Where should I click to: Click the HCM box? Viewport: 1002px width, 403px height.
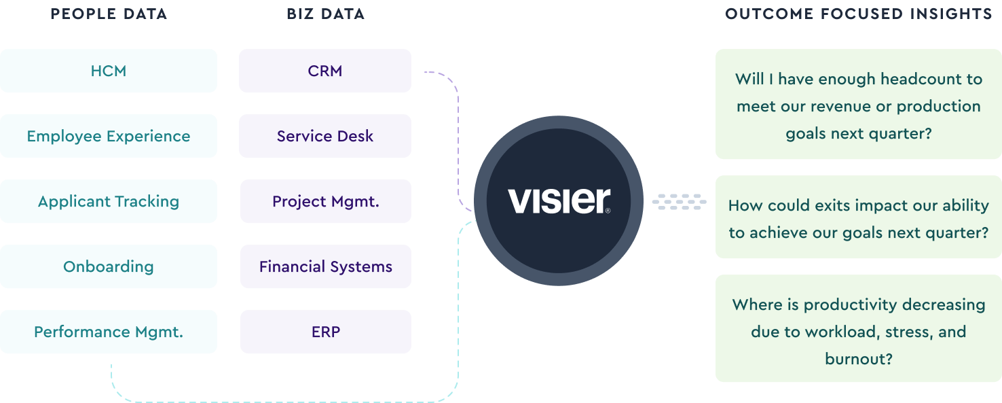[109, 71]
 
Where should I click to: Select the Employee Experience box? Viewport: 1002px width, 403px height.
[109, 136]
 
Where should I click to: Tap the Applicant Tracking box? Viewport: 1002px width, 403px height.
[109, 201]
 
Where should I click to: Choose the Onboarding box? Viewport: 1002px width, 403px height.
[109, 266]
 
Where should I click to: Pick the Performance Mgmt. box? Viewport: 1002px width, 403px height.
[109, 332]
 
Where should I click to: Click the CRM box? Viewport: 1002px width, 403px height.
[325, 71]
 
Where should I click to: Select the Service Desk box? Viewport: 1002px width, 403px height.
[325, 136]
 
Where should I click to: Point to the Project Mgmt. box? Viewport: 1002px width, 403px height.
[326, 201]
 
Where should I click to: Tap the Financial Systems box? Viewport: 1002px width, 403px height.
[326, 266]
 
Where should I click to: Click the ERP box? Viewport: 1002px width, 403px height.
[326, 332]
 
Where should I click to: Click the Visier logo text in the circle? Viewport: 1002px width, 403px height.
[559, 201]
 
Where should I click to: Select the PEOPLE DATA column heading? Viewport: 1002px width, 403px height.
[109, 14]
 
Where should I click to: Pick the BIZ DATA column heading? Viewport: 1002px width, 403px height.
[325, 14]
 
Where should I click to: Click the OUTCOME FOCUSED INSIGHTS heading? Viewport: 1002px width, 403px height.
[859, 14]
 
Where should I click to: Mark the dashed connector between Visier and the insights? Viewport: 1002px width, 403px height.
[679, 201]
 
